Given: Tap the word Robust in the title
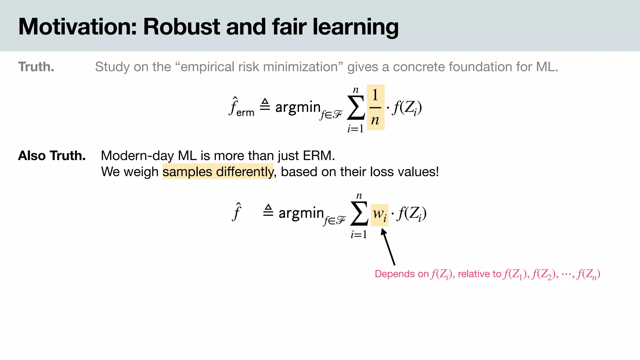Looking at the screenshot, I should point(182,27).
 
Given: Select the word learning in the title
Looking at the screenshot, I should point(355,27).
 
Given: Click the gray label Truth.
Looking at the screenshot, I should point(36,67).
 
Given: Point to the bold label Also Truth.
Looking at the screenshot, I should point(52,156).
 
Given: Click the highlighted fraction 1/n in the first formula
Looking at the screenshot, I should point(375,107).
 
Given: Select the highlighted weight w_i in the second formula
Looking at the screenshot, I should point(379,215).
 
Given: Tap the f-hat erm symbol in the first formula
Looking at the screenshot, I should point(241,107).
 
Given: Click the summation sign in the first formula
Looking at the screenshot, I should point(356,108).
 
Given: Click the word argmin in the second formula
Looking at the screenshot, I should point(301,213).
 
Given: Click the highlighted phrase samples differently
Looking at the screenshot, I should point(218,172).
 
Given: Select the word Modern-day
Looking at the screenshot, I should point(137,156).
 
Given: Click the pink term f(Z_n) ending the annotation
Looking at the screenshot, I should point(589,274).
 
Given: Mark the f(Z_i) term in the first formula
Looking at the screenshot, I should point(407,108).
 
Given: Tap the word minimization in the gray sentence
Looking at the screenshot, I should point(308,67).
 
